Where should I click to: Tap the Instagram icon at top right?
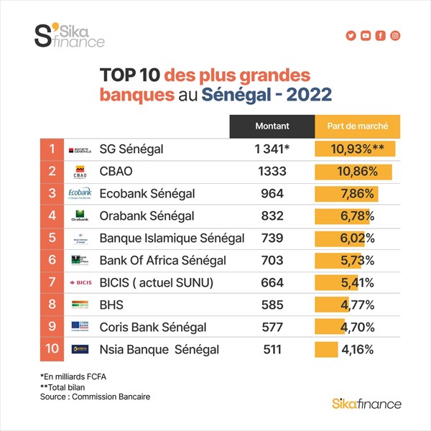tap(395, 36)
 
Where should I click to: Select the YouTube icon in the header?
tap(366, 36)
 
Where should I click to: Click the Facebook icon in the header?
tap(381, 36)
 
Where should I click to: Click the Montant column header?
tap(272, 126)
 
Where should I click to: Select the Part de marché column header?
tap(358, 126)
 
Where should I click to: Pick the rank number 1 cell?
tap(52, 149)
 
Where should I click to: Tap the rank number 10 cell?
tap(52, 350)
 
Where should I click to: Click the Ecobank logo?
tap(80, 194)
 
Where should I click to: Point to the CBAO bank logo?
tap(80, 172)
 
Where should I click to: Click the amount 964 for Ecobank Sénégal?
tap(272, 194)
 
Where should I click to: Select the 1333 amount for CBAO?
tap(272, 172)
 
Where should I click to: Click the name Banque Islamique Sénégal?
tap(172, 238)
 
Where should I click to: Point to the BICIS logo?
tap(80, 283)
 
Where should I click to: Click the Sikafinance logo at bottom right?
tap(367, 404)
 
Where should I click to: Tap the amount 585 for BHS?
tap(272, 305)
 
